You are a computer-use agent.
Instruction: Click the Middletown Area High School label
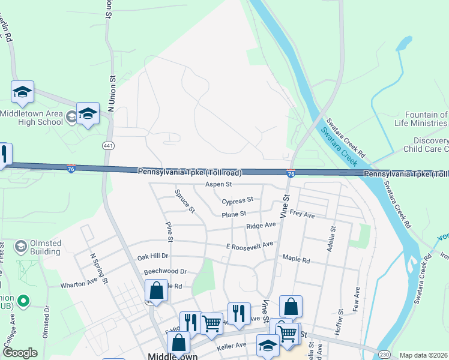coord(31,118)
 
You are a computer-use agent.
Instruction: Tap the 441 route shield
coord(106,145)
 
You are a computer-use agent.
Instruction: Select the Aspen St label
coord(218,184)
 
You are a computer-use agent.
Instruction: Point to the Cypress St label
coord(238,200)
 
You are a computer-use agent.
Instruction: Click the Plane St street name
coord(234,214)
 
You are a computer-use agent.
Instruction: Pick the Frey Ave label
coord(302,214)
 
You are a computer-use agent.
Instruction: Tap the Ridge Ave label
coord(261,226)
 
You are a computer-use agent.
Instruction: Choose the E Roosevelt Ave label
coord(250,245)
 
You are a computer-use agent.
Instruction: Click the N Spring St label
coord(98,267)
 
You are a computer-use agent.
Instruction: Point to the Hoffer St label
coord(340,319)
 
